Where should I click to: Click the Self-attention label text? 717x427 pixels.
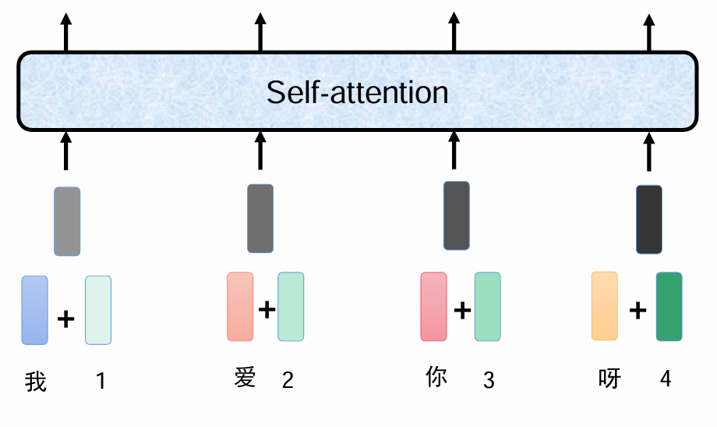(357, 92)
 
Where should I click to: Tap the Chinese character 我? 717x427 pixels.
(36, 382)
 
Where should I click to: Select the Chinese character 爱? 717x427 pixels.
(245, 379)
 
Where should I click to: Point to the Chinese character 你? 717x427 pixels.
(437, 378)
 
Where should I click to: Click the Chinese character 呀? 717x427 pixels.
(609, 379)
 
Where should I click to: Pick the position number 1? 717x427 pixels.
(101, 381)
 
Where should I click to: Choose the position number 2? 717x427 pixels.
(288, 380)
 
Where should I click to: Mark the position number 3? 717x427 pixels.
(489, 380)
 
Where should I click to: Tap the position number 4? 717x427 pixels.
(665, 379)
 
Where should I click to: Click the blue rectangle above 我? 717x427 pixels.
(34, 310)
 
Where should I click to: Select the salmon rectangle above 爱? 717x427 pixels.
(240, 307)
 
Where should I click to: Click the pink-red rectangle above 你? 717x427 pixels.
(433, 307)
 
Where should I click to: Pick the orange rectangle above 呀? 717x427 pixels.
(604, 306)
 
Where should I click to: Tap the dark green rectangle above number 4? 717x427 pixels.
(669, 307)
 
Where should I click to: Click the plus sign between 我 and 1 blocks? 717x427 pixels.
(66, 318)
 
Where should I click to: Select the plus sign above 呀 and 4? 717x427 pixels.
(638, 311)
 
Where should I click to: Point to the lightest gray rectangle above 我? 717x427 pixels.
(67, 221)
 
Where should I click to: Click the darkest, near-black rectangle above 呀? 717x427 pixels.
(649, 219)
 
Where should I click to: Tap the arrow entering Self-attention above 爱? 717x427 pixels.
(260, 151)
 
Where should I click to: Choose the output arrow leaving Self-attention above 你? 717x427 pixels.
(454, 31)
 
